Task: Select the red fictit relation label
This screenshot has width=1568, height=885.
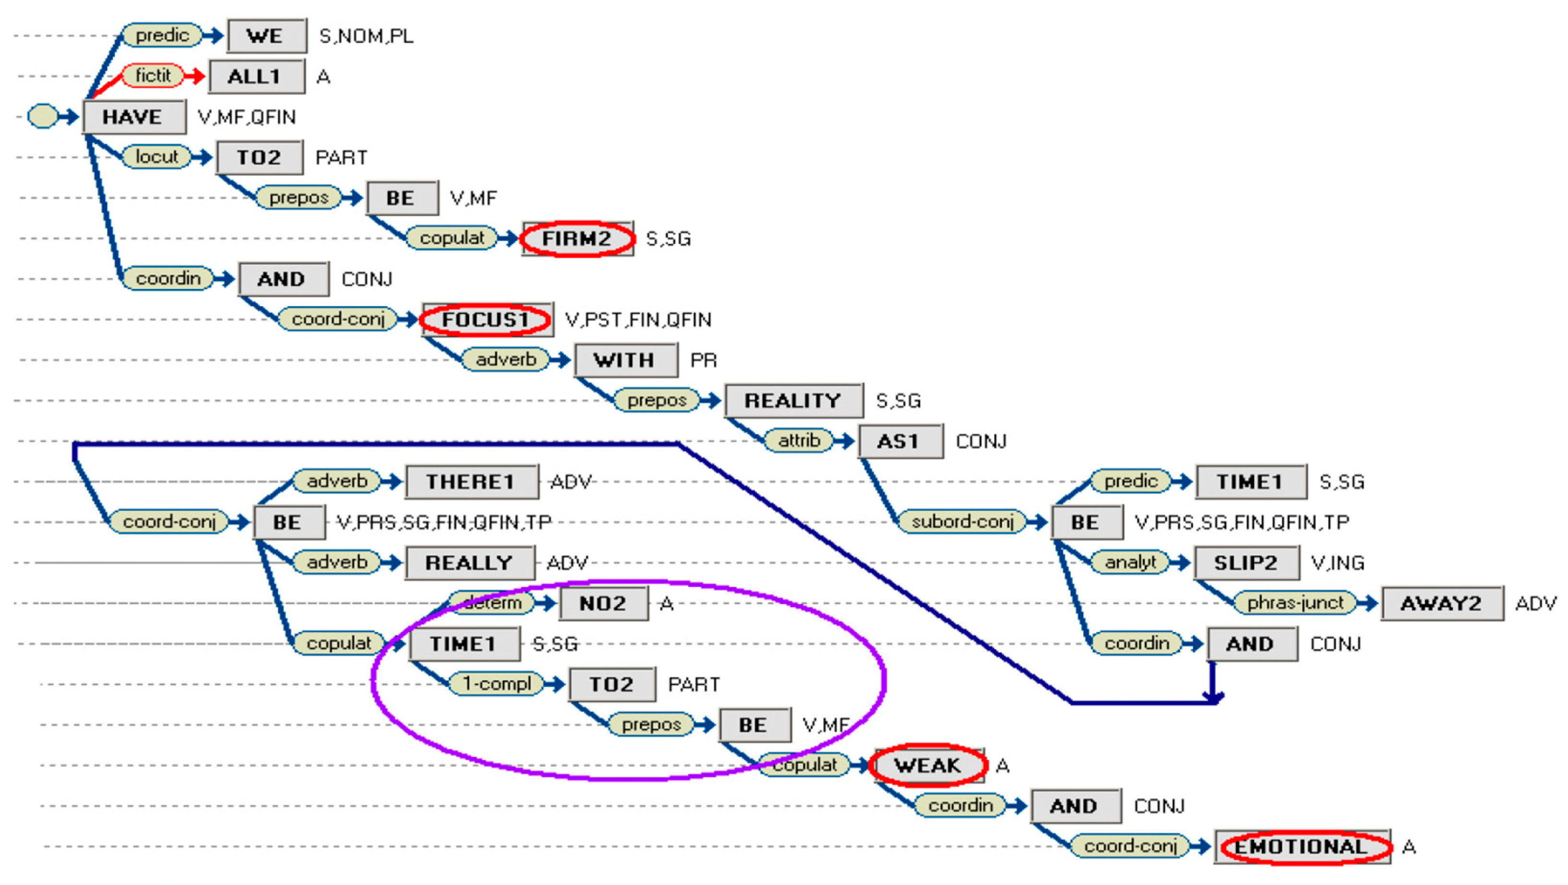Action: pos(153,76)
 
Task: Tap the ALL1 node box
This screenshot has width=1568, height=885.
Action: pos(256,77)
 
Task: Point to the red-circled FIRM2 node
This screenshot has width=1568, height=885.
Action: pos(577,239)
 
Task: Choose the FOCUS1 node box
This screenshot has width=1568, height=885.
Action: pos(487,320)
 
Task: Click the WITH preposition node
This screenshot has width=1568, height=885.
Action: pos(625,360)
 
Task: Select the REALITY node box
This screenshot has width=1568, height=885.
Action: pos(793,400)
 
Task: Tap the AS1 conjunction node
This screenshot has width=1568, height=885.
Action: pos(899,441)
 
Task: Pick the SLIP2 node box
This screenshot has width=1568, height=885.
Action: pos(1246,563)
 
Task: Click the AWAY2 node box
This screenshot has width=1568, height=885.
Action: pos(1441,603)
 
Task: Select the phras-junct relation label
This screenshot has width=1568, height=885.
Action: pos(1295,603)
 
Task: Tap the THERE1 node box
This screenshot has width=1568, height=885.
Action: pos(471,482)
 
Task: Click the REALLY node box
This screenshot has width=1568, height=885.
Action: pos(469,563)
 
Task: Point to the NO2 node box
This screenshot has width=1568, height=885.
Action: pos(603,603)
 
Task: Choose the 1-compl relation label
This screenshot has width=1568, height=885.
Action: pos(496,684)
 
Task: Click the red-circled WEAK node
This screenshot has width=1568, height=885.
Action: pos(927,765)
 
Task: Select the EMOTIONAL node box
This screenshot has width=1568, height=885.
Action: pos(1301,847)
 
